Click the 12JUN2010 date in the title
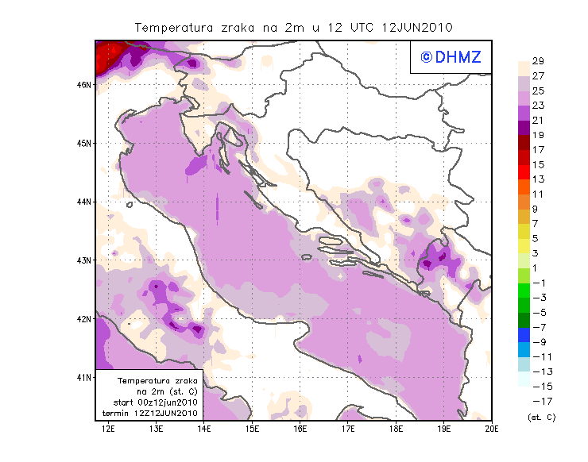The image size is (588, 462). pyautogui.click(x=417, y=27)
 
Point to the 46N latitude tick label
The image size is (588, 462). pyautogui.click(x=83, y=84)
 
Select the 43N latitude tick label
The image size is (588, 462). pyautogui.click(x=83, y=260)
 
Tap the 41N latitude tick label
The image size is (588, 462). pyautogui.click(x=83, y=377)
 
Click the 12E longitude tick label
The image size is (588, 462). pyautogui.click(x=109, y=429)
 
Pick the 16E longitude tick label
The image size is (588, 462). pyautogui.click(x=300, y=429)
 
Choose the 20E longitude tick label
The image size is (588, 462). pyautogui.click(x=491, y=429)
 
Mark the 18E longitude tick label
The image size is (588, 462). pyautogui.click(x=396, y=429)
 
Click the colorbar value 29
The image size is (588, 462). pyautogui.click(x=538, y=61)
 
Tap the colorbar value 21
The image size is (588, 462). pyautogui.click(x=538, y=120)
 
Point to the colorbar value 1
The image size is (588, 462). pyautogui.click(x=538, y=268)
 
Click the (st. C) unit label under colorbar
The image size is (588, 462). pyautogui.click(x=541, y=417)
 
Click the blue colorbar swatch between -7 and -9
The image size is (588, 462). pyautogui.click(x=524, y=334)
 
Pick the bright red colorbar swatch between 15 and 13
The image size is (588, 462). pyautogui.click(x=524, y=172)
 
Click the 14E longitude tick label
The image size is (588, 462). pyautogui.click(x=204, y=429)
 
